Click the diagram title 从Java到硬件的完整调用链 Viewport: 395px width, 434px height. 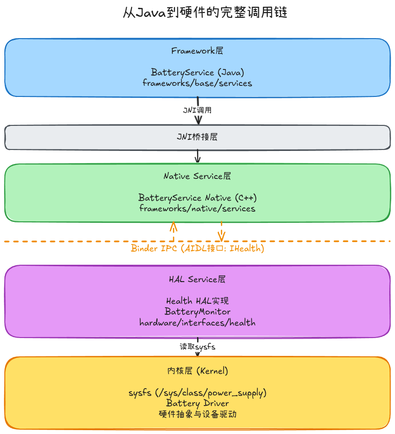click(205, 13)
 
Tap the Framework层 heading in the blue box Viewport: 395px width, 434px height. click(197, 51)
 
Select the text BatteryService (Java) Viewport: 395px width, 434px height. click(197, 72)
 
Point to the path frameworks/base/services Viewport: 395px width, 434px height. click(197, 83)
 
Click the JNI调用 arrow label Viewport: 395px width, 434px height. click(197, 110)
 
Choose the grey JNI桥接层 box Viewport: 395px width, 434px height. click(197, 137)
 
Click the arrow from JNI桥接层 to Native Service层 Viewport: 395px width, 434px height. click(197, 156)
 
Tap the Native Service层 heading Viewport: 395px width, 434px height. click(197, 176)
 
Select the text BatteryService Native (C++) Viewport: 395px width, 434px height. click(197, 198)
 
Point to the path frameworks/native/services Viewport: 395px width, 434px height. click(197, 208)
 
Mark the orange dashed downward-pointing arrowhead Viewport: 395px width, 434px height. click(222, 236)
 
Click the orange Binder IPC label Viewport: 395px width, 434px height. click(197, 248)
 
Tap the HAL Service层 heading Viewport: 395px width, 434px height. click(197, 279)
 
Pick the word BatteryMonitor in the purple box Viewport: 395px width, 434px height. click(197, 312)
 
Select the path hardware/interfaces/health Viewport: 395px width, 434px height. click(197, 323)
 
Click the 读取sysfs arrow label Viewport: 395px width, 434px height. click(197, 347)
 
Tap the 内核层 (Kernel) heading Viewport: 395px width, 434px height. click(197, 371)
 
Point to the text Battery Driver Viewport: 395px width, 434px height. click(197, 404)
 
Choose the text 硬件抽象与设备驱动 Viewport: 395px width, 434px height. click(197, 414)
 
